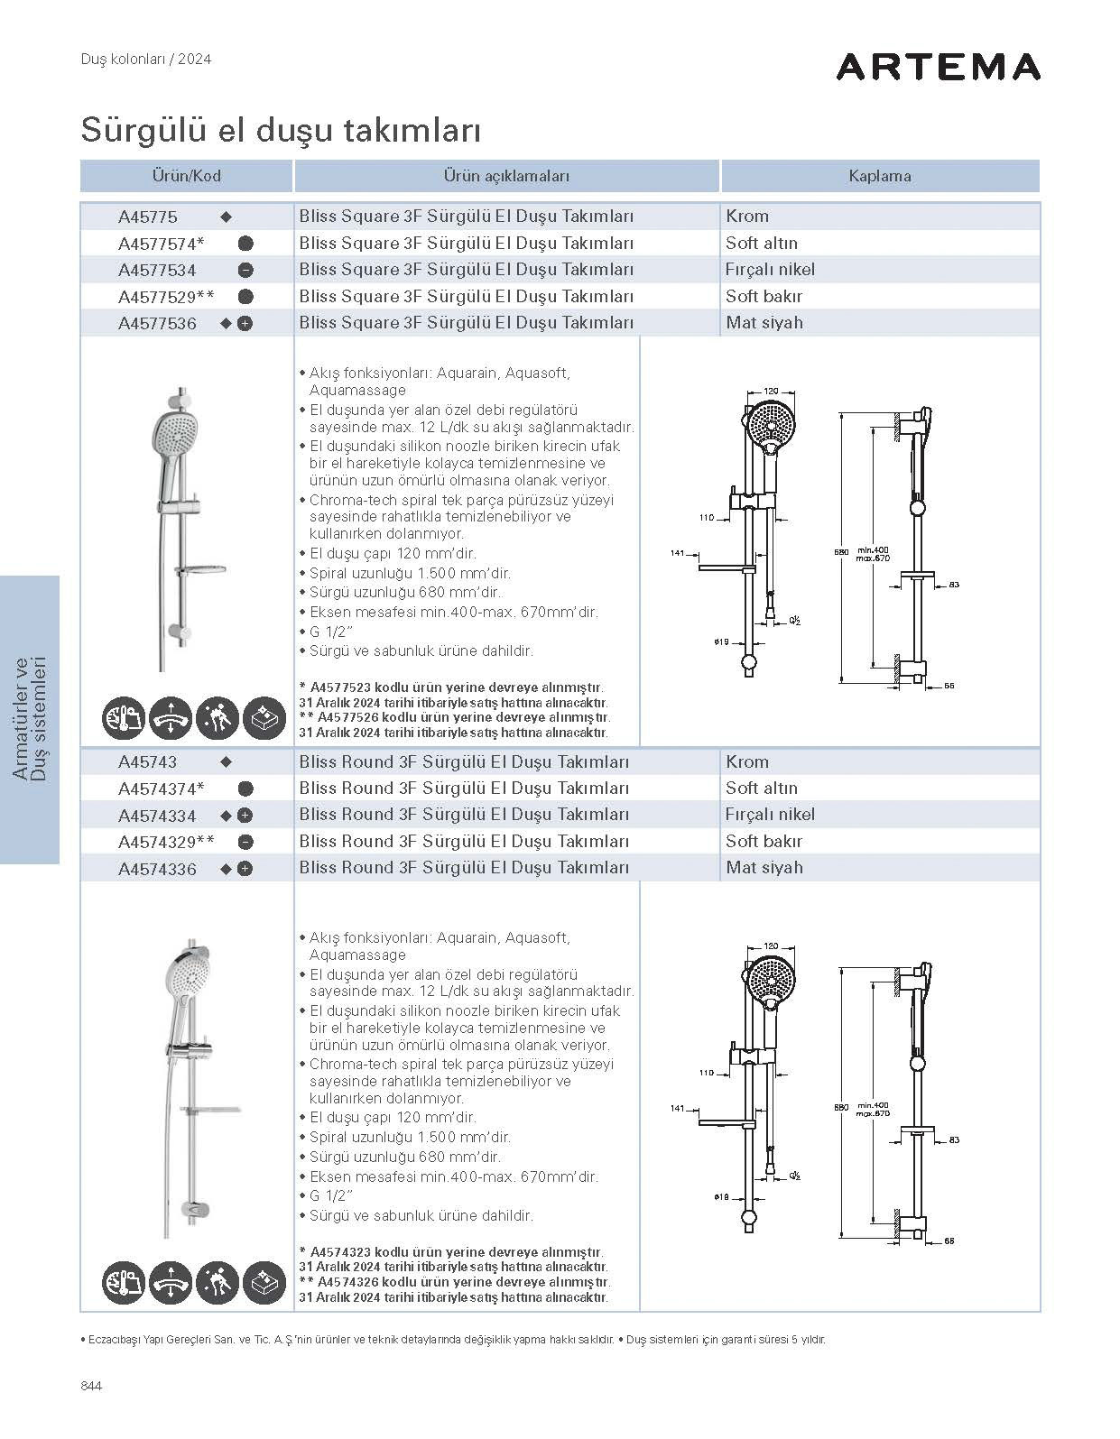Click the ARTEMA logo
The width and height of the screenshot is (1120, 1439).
tap(938, 67)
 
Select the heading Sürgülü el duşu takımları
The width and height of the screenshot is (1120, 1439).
tap(281, 130)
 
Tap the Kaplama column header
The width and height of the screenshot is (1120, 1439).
tap(879, 176)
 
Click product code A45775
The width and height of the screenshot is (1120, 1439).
tap(148, 217)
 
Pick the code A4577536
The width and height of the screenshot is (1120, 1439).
tap(157, 323)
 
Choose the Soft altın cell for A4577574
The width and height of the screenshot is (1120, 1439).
tap(762, 243)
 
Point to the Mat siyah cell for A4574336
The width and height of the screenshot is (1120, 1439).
tap(764, 867)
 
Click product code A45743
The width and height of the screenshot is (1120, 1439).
tap(148, 761)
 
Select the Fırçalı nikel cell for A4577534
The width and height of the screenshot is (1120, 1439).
tap(770, 269)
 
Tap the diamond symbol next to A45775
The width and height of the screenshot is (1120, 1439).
tap(227, 217)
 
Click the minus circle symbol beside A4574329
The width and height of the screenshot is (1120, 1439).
tap(245, 842)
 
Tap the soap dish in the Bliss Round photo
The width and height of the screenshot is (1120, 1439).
tap(209, 1109)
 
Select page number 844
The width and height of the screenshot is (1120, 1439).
tap(91, 1386)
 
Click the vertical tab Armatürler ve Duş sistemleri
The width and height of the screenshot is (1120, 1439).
tap(30, 719)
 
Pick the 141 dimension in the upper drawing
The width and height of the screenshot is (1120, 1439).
tap(678, 553)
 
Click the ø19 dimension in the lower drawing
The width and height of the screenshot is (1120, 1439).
tap(721, 1196)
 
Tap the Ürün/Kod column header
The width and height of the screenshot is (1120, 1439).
tap(186, 176)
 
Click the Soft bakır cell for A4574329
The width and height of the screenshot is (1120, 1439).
tap(764, 841)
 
